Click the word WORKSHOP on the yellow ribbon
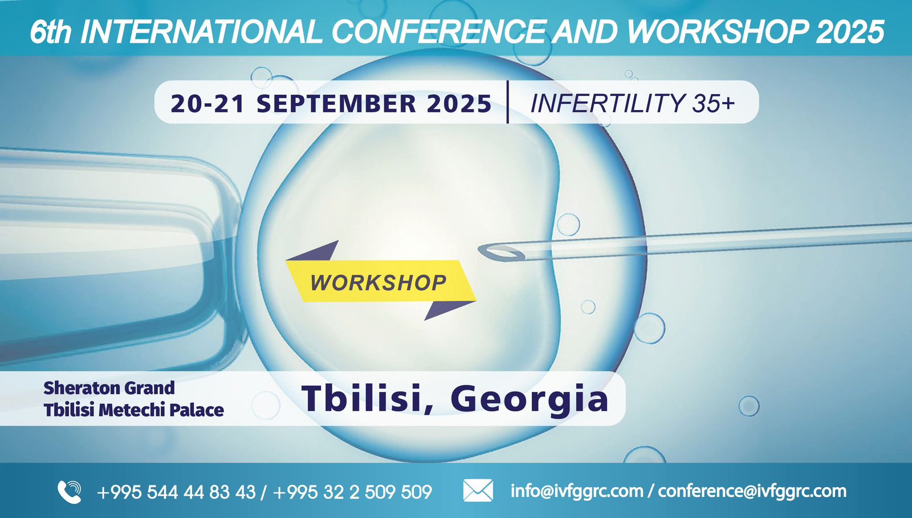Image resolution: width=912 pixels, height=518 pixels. coord(378,282)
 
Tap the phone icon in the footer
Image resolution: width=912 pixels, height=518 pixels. coord(69,492)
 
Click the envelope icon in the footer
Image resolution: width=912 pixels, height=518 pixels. coord(478,491)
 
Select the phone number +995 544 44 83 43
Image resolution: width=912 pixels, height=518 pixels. coord(176,492)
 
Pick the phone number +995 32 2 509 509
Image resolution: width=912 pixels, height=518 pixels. coord(353,492)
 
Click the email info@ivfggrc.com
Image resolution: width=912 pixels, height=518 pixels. coord(577,491)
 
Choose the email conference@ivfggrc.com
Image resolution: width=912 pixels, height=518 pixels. coord(752,491)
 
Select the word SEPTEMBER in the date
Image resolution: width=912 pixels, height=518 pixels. coord(336,103)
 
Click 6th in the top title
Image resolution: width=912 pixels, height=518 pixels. coord(51,32)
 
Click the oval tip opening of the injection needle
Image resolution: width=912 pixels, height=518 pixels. coord(501,253)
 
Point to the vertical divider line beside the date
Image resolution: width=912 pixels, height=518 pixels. coord(508,102)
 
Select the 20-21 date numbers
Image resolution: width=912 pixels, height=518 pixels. coord(207,103)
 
